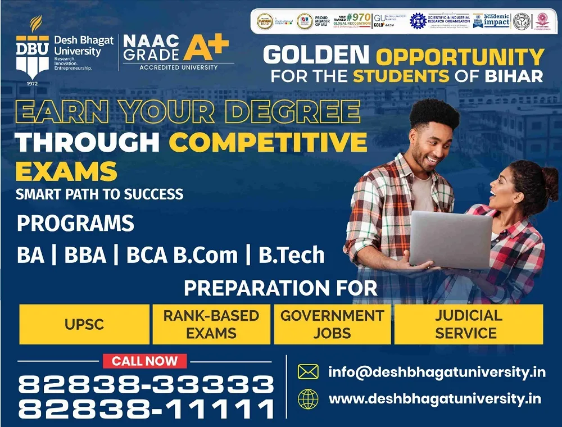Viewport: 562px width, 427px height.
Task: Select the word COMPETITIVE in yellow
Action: (268, 142)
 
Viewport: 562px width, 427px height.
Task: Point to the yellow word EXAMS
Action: (66, 170)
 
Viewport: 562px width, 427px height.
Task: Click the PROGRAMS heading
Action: (75, 222)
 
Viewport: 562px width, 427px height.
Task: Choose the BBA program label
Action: (85, 255)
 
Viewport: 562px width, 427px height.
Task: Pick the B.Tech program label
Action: (291, 255)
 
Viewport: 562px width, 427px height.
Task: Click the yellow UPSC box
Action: (84, 324)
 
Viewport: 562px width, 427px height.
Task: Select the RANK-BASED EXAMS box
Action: (211, 324)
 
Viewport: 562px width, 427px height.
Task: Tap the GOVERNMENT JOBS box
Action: (332, 324)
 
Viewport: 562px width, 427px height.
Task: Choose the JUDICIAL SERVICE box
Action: (468, 324)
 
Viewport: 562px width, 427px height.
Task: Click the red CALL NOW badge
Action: (144, 361)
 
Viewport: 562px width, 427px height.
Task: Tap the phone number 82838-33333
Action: (146, 385)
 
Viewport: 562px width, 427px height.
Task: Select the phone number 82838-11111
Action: (146, 409)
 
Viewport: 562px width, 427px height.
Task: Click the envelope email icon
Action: (308, 372)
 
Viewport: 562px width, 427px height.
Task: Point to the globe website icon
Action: (308, 399)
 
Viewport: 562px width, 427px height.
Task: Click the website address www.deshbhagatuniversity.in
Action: (435, 399)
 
